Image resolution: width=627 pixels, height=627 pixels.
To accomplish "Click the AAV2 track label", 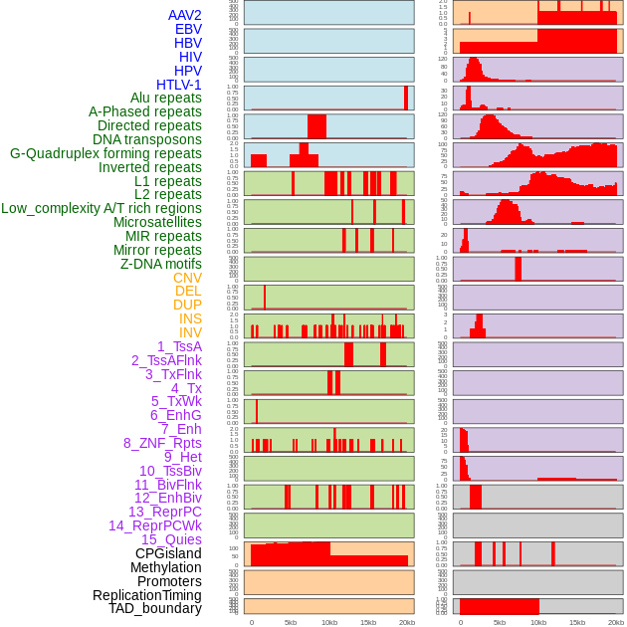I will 184,15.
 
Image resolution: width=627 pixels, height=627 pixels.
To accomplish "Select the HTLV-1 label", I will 178,85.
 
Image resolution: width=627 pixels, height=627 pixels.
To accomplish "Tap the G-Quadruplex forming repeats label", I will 105,153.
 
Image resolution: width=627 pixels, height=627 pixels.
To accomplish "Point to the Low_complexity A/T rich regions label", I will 102,208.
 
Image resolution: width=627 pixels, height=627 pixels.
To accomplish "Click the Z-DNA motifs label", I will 161,264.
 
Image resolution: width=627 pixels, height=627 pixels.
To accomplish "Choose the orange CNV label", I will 187,278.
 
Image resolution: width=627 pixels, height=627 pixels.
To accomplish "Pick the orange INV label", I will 190,332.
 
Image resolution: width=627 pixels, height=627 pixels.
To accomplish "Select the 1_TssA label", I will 179,346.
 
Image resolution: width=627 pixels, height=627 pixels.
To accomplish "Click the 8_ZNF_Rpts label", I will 162,443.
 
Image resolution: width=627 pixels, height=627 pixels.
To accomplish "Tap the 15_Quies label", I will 171,539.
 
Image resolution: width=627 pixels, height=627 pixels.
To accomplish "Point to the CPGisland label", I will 168,553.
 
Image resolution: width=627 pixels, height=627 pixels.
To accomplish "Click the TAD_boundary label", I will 155,608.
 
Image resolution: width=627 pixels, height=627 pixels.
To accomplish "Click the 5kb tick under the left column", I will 291,622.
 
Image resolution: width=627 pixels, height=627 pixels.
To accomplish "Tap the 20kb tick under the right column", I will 616,622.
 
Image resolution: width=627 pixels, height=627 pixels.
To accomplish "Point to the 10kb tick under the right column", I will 538,622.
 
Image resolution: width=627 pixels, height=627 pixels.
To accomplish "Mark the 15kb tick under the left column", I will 368,622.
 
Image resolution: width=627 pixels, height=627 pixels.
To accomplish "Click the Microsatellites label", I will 157,222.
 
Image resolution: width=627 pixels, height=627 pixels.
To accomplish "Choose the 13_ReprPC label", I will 164,512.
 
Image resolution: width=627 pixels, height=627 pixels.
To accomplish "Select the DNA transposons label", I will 147,139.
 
